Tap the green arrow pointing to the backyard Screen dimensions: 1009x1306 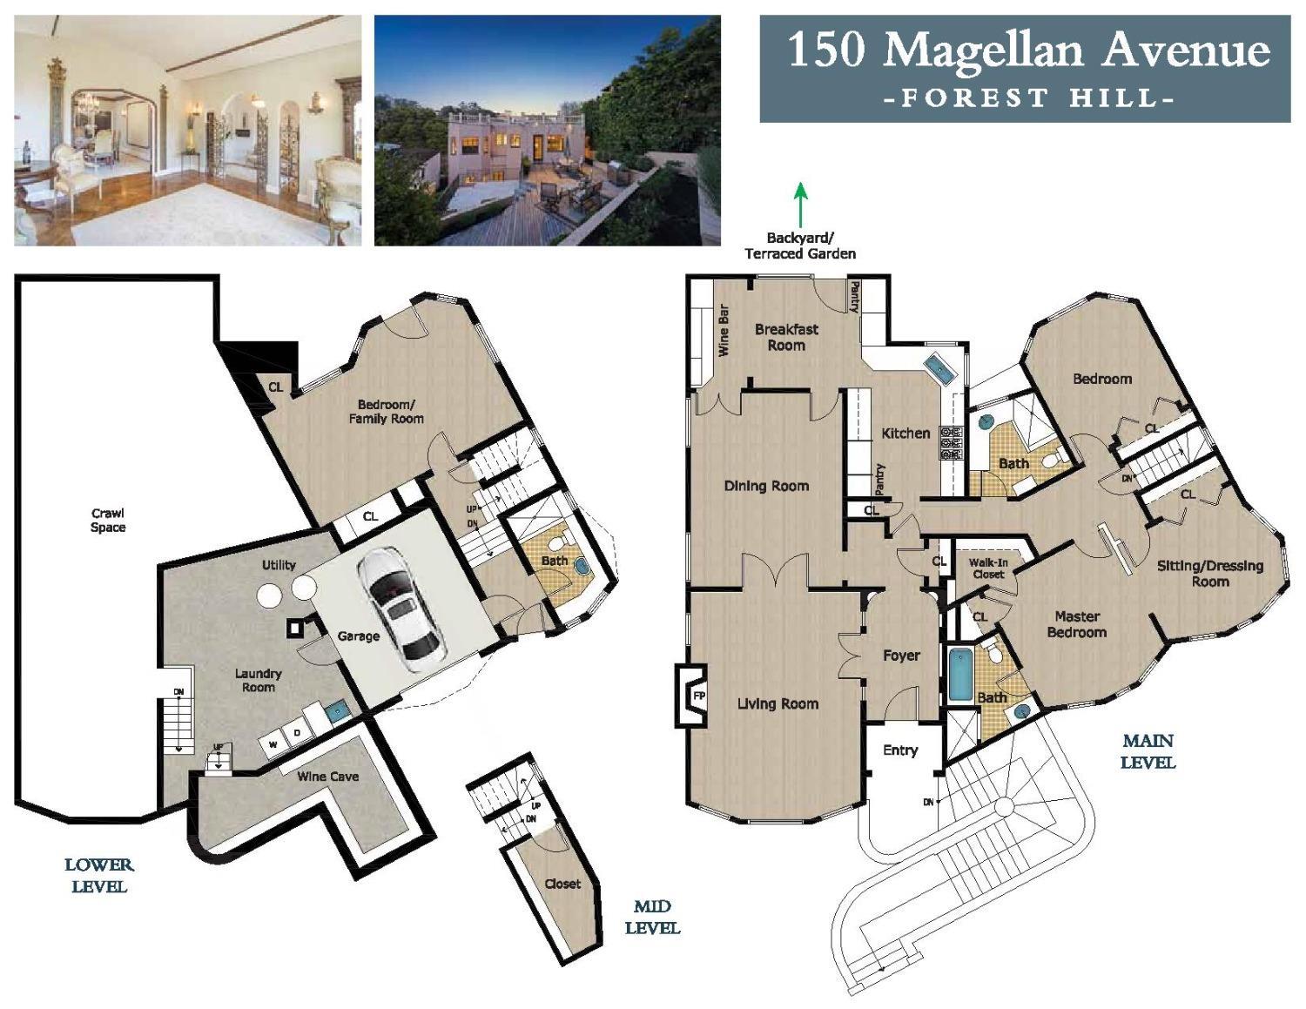[800, 205]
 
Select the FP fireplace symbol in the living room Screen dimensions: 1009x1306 [697, 696]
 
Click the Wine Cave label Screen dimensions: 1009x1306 [327, 777]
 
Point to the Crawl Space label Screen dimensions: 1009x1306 [108, 521]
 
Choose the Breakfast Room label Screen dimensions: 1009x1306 [786, 337]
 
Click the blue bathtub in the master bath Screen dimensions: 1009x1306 [959, 674]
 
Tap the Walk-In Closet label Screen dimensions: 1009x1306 [988, 568]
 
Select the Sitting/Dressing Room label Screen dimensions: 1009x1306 [1209, 573]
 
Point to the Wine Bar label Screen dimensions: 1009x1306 [723, 330]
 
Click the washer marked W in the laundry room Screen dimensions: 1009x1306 [273, 744]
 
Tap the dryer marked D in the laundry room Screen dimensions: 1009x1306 [297, 734]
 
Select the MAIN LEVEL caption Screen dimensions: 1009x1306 [1148, 751]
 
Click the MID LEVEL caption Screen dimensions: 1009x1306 [652, 917]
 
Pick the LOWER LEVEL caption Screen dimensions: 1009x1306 [99, 876]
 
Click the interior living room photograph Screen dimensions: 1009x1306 [187, 130]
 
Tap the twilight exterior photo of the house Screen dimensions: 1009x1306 [547, 130]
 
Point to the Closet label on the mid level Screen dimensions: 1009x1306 [562, 884]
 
